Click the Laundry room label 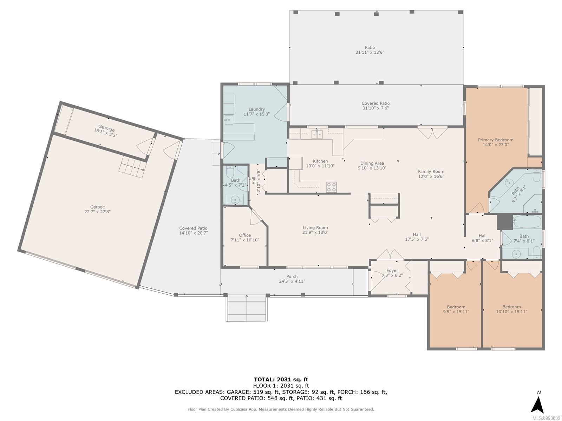[x=256, y=109]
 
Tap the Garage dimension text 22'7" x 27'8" [x=97, y=212]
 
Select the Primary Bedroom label [x=495, y=140]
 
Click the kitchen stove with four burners [x=331, y=187]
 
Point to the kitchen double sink [x=317, y=134]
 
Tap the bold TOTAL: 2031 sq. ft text [x=281, y=380]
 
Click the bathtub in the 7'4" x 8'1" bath [x=528, y=222]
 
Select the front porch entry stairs [x=247, y=308]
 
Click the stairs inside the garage [x=132, y=167]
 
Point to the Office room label [x=245, y=235]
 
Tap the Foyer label [x=392, y=270]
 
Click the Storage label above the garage [x=107, y=128]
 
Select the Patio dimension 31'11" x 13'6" [x=370, y=52]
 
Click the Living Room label [x=315, y=228]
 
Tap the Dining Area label [x=372, y=163]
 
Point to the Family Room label [x=431, y=172]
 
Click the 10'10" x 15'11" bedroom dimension [x=511, y=312]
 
